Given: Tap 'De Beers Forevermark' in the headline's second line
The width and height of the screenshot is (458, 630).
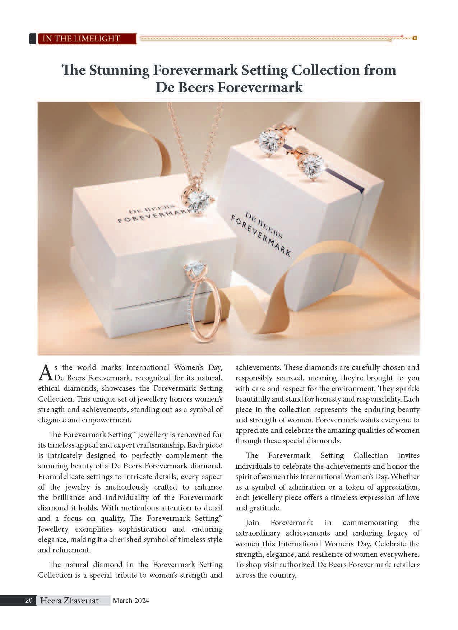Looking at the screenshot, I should (229, 88).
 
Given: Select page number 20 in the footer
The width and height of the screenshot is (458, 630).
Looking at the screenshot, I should (29, 600).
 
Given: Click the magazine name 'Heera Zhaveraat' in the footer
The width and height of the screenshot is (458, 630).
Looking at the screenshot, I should (69, 600).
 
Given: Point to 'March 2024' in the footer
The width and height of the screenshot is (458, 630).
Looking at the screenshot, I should (131, 600).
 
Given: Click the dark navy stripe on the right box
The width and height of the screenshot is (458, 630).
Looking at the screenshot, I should (345, 172).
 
